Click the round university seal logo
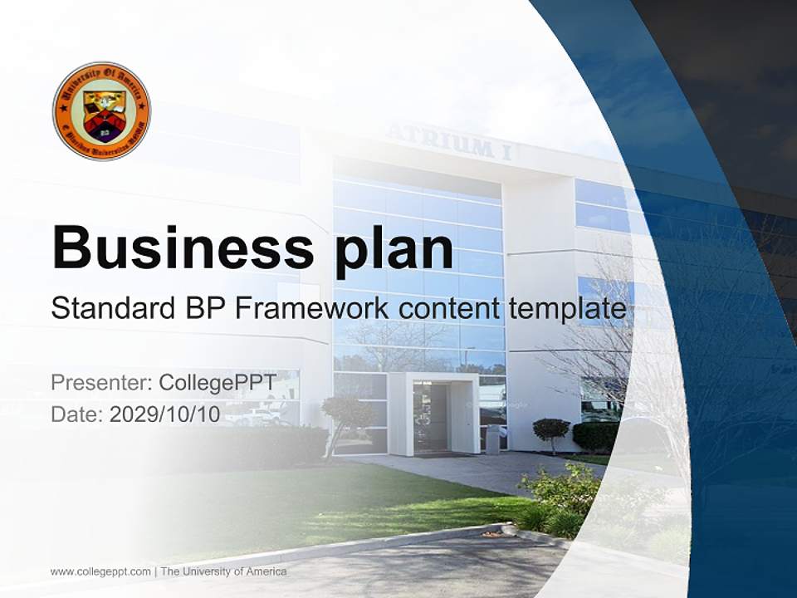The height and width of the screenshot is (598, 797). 101,110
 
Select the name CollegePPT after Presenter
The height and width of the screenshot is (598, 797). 218,383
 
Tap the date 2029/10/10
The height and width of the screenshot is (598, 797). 165,414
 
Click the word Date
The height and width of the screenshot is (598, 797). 76,414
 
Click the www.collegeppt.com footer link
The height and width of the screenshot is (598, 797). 100,571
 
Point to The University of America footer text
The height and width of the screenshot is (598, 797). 224,571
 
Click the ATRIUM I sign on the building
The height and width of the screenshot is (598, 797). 448,145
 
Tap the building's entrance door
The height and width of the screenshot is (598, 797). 431,418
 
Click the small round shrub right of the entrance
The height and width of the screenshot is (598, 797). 550,429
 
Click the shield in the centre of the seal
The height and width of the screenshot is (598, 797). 103,115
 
